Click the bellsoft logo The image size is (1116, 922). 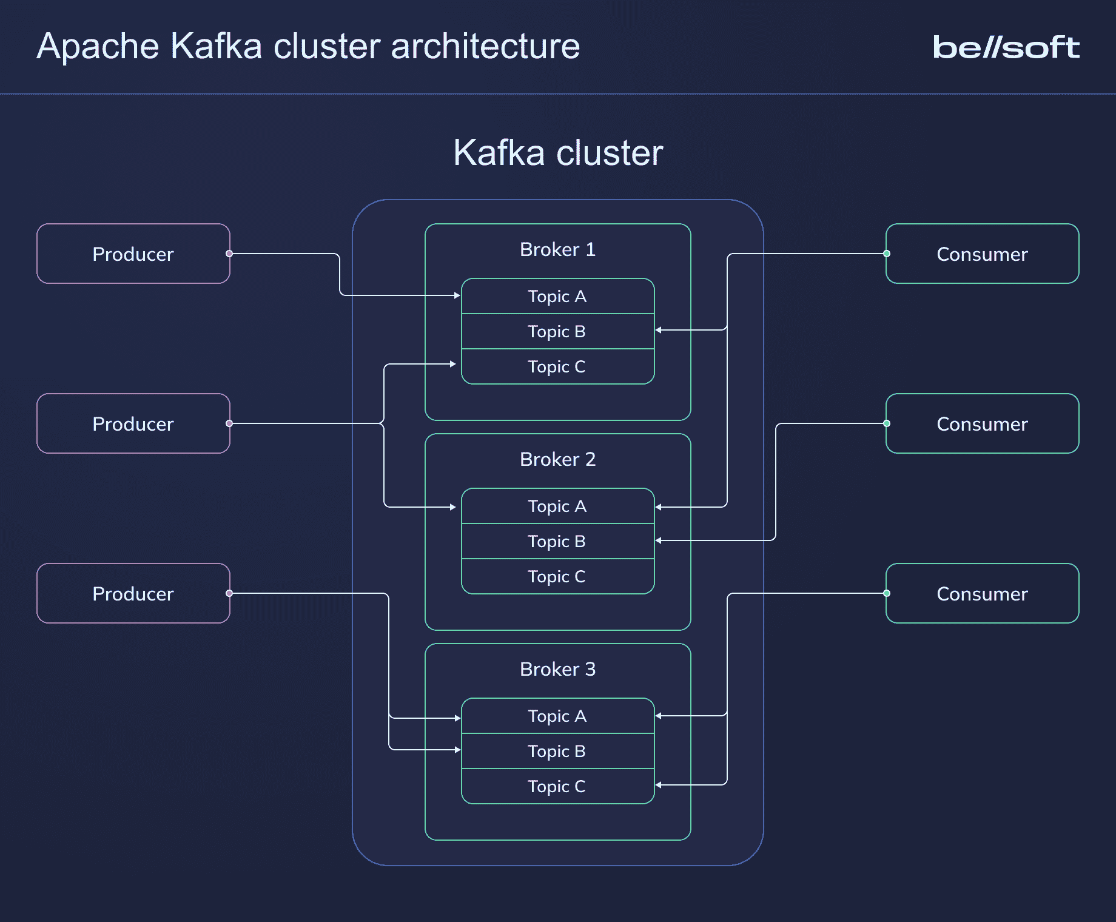(x=1006, y=47)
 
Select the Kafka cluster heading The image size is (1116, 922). (x=557, y=152)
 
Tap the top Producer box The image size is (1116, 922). (x=133, y=254)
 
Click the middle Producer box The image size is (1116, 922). (x=133, y=423)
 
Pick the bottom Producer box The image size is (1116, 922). (x=133, y=593)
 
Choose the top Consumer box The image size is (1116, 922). (x=982, y=254)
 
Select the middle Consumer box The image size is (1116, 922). (x=982, y=423)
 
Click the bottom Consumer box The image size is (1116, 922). (x=982, y=593)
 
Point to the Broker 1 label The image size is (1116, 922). (x=557, y=249)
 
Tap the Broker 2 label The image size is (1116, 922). (x=557, y=459)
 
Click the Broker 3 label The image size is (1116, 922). (x=557, y=669)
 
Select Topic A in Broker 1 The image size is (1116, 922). (x=557, y=296)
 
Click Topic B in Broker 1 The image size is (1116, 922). (x=557, y=331)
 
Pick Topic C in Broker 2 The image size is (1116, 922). (x=557, y=576)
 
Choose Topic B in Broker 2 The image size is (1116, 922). (x=557, y=541)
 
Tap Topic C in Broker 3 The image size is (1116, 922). (x=557, y=786)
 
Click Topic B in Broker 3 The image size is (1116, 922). (x=557, y=751)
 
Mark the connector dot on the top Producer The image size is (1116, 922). (x=229, y=254)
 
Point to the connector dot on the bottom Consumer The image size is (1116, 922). (x=887, y=593)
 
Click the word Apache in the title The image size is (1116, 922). (x=98, y=46)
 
